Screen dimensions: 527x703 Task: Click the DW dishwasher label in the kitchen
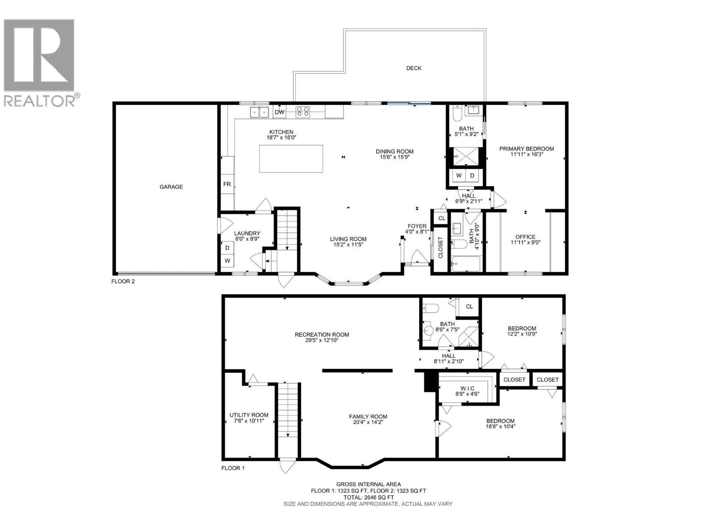tap(279, 112)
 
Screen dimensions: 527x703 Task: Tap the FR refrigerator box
tap(227, 184)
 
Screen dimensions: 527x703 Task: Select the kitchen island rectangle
tap(291, 159)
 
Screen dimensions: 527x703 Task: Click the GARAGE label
tap(171, 187)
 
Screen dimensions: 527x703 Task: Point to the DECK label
tap(413, 68)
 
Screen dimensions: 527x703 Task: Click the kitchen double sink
tap(259, 112)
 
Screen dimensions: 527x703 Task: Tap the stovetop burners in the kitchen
tap(303, 112)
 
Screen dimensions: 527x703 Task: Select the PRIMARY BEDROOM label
tap(526, 148)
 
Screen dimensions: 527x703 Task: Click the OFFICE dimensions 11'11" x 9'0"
tap(525, 242)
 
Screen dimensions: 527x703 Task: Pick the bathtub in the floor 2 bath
tap(466, 264)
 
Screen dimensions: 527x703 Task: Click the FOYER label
tap(417, 226)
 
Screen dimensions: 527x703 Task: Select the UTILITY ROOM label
tap(249, 415)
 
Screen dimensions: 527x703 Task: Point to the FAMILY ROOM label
tap(368, 417)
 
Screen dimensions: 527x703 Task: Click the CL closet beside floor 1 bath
tap(469, 307)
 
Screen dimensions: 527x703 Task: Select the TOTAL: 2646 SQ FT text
tap(368, 497)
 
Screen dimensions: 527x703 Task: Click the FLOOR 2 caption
tap(123, 282)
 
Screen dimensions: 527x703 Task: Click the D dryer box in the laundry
tap(227, 248)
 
